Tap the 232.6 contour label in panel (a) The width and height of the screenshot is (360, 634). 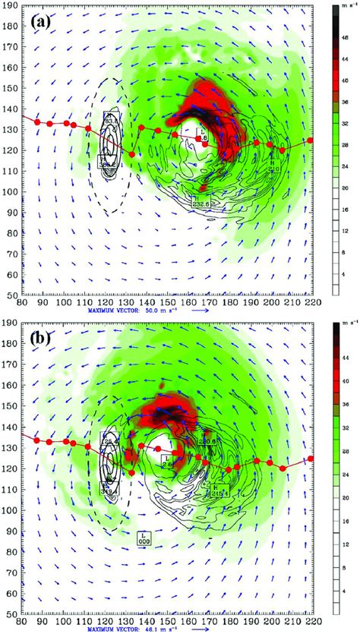coord(201,202)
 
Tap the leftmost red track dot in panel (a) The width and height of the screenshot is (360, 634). coord(36,121)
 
